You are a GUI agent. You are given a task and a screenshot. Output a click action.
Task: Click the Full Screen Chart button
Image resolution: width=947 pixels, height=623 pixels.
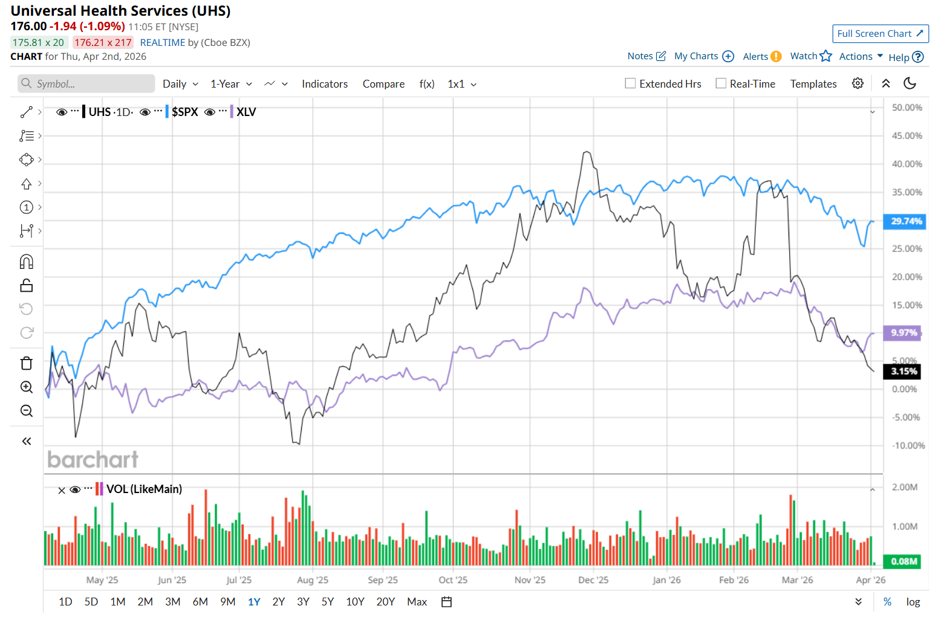[x=880, y=34]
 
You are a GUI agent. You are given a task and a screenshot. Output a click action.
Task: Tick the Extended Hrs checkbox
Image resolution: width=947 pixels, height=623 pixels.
[x=630, y=83]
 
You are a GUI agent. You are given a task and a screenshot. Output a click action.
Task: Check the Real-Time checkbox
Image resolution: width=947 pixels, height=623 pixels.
[x=721, y=83]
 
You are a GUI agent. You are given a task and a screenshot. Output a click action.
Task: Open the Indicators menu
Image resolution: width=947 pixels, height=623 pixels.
[x=325, y=84]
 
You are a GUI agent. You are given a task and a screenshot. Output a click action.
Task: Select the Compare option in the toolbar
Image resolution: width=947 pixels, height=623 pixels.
[x=383, y=84]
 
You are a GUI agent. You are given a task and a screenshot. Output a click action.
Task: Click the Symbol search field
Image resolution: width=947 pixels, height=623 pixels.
[x=86, y=84]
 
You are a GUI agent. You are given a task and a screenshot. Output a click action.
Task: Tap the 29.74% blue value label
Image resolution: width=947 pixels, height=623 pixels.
[x=905, y=221]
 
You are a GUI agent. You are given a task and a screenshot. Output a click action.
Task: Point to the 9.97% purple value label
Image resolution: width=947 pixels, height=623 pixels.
[x=903, y=332]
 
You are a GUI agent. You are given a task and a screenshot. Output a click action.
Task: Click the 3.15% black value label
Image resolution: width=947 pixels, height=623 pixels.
[x=903, y=371]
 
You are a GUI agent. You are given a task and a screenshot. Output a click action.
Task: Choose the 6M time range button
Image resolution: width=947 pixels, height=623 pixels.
[x=200, y=602]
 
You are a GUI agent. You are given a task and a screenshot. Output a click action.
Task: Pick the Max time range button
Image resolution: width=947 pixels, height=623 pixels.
[x=417, y=602]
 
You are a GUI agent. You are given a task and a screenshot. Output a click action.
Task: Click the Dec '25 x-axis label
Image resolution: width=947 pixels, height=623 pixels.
[x=593, y=580]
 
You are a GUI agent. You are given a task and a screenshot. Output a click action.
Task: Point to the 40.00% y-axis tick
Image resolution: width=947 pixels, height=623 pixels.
[x=906, y=164]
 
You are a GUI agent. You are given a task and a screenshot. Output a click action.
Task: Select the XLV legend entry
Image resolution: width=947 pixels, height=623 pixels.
[x=246, y=112]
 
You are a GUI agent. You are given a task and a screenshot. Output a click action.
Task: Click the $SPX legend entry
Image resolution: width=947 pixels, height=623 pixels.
[x=184, y=112]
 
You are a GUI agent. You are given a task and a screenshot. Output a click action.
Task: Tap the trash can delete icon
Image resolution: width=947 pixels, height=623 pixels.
[x=27, y=363]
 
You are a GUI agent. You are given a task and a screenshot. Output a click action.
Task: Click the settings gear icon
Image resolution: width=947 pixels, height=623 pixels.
[x=858, y=83]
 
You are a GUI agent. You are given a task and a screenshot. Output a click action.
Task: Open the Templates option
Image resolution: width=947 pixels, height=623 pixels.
[x=813, y=84]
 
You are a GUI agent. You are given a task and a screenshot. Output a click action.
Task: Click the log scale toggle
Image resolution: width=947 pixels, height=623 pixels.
[x=913, y=602]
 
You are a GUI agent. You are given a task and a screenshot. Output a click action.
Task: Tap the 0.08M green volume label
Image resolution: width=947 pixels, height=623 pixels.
[x=903, y=561]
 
